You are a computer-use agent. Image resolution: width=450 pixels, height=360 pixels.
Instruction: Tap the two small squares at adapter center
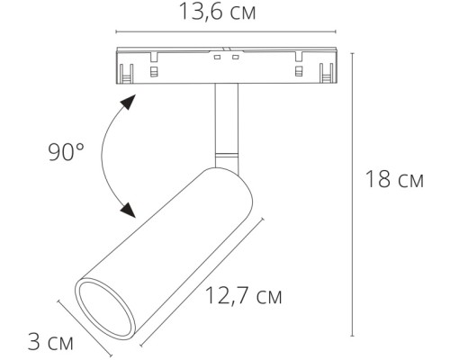[226, 58]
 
